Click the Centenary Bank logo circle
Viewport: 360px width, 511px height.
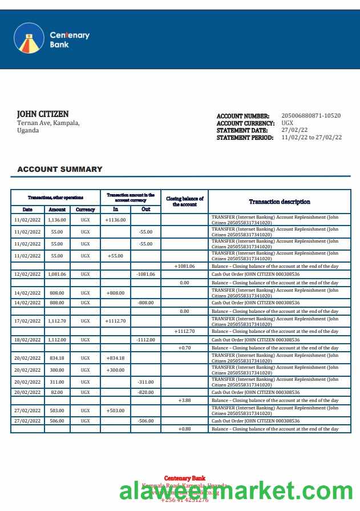(29, 38)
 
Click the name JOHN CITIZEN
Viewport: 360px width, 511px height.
(43, 114)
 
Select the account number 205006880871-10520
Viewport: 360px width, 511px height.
(311, 116)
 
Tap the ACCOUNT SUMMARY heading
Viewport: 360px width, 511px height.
(60, 169)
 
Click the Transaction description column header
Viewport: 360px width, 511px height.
(280, 202)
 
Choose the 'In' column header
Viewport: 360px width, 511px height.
(116, 209)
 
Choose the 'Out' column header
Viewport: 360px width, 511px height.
(146, 209)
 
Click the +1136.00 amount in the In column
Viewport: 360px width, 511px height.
(116, 219)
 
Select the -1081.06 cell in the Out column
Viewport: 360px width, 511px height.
(146, 274)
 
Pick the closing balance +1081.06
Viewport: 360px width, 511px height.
(184, 266)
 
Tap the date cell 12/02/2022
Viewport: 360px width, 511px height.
(27, 274)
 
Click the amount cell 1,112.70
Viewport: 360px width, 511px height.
(57, 321)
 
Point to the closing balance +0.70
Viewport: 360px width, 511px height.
(184, 348)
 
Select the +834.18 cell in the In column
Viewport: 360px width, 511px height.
(116, 358)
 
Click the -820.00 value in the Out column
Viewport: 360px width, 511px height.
(146, 392)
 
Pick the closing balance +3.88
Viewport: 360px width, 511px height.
(184, 400)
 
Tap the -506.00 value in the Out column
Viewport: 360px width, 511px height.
(146, 421)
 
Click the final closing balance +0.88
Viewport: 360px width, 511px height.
(184, 429)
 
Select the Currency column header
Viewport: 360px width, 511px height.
(85, 210)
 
